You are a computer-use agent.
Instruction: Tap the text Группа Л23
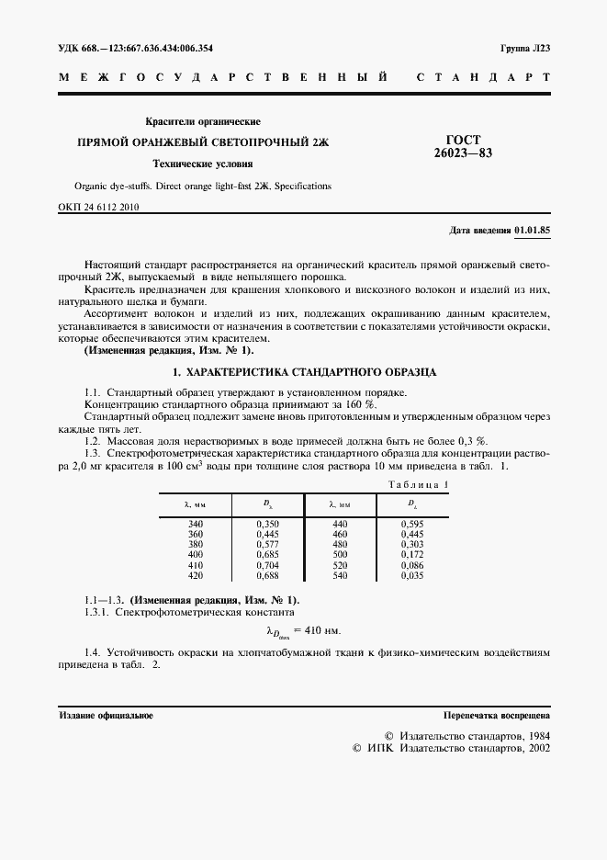pos(524,48)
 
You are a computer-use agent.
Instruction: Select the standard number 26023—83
pos(463,153)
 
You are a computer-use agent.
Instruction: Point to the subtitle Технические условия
pos(203,165)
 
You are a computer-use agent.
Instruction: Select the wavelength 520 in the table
pos(340,566)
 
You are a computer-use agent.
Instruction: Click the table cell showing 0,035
pos(412,576)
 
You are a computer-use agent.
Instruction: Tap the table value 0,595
pos(412,524)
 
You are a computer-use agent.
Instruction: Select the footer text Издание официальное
pos(107,714)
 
